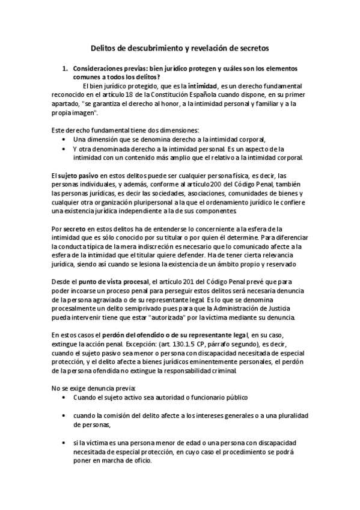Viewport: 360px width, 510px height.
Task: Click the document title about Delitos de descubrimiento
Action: [x=180, y=46]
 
